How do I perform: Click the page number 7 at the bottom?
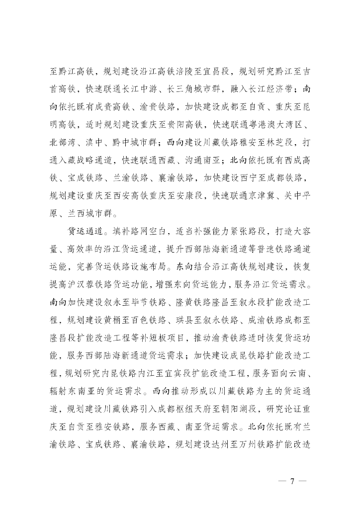coord(293,481)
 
